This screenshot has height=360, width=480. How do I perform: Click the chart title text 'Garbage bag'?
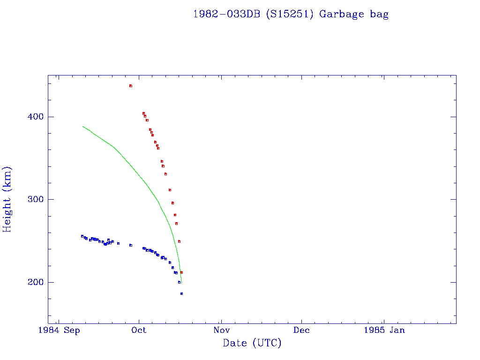(x=354, y=14)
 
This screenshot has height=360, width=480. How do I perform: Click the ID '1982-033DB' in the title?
(x=227, y=14)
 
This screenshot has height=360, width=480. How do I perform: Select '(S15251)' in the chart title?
(x=289, y=14)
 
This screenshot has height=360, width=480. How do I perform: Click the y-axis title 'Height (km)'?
(x=7, y=199)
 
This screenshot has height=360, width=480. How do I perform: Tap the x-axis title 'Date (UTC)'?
(x=252, y=343)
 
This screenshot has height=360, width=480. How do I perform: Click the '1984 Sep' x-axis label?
(x=59, y=330)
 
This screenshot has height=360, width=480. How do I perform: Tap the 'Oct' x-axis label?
(x=139, y=330)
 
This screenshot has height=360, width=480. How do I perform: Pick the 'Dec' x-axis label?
(x=301, y=330)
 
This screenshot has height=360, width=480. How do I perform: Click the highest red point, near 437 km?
(x=131, y=86)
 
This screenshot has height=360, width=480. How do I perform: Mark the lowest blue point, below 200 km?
(x=181, y=293)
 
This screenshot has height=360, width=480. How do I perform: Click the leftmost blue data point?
(x=82, y=236)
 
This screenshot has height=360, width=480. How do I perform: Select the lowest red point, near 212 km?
(x=181, y=272)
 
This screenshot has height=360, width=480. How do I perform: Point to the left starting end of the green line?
(x=83, y=126)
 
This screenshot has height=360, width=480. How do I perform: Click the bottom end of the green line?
(x=181, y=282)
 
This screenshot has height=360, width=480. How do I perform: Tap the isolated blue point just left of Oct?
(x=131, y=245)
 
